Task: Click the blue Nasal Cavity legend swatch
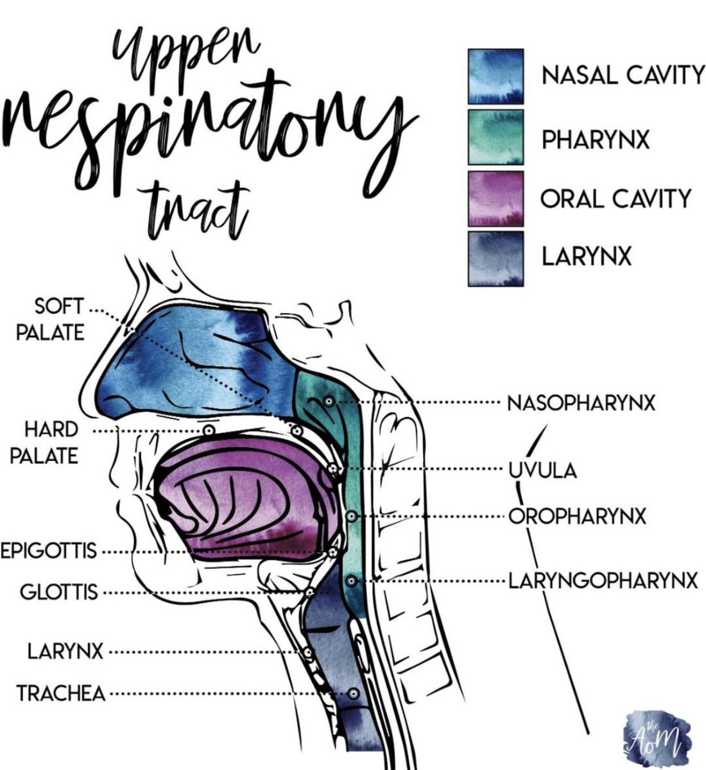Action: click(x=495, y=76)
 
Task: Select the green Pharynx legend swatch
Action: click(x=495, y=136)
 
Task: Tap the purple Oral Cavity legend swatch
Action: click(x=495, y=197)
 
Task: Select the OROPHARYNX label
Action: click(x=578, y=515)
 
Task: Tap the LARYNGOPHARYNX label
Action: click(x=603, y=581)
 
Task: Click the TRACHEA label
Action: click(x=61, y=694)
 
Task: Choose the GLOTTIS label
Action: click(x=59, y=592)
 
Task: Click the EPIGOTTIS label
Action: click(x=49, y=551)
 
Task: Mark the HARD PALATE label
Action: click(x=51, y=443)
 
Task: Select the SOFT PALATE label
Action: click(x=60, y=320)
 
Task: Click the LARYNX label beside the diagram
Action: click(x=65, y=653)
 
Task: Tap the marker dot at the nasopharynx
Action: click(x=328, y=402)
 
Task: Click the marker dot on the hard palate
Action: click(x=207, y=431)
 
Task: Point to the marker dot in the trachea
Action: click(x=352, y=694)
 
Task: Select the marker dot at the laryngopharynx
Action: click(x=350, y=581)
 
